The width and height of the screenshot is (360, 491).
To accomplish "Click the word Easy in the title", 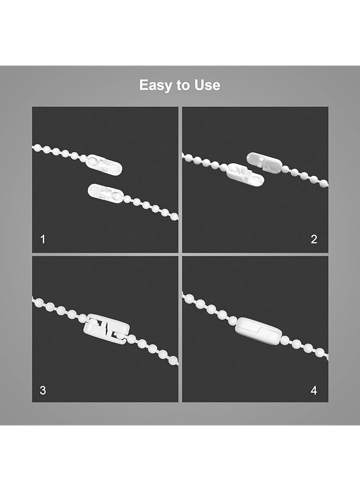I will [x=154, y=85].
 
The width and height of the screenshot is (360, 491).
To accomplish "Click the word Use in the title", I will [x=208, y=85].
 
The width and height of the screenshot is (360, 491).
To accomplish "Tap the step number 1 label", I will [x=43, y=239].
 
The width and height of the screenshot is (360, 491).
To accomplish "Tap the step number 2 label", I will [x=314, y=239].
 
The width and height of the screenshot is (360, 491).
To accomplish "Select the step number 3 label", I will [x=43, y=390].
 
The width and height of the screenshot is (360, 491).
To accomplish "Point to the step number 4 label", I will [x=314, y=390].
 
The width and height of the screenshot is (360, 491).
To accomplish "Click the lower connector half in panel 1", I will [x=106, y=193].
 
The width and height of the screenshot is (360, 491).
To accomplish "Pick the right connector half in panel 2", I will [x=264, y=161].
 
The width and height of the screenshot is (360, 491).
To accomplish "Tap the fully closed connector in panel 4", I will [x=257, y=328].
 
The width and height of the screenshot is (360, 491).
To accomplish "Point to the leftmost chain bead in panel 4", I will [x=185, y=297].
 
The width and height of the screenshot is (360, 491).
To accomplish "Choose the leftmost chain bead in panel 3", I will [x=35, y=300].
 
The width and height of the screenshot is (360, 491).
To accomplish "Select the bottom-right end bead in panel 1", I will [x=175, y=217].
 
